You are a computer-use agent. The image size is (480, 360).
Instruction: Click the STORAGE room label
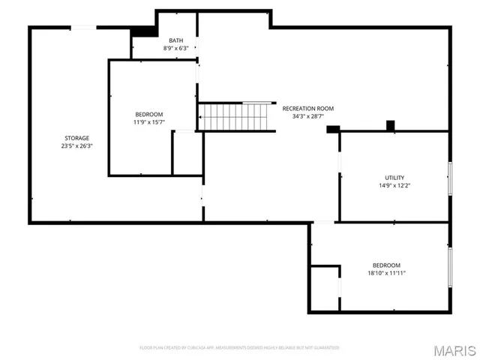pos(76,138)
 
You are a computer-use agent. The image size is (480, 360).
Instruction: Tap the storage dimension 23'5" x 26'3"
pos(76,146)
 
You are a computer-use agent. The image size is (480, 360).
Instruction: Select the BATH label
pos(175,40)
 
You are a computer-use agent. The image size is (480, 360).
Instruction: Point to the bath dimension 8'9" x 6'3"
pos(175,48)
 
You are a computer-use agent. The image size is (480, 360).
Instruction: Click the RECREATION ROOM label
pos(307,108)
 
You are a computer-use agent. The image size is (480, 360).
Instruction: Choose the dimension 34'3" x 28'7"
pos(307,116)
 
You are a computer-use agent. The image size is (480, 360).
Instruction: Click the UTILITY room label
pos(394,178)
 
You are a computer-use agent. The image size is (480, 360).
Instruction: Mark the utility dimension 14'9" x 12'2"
pos(394,185)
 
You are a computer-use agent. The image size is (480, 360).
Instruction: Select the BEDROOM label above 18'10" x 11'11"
pos(386,265)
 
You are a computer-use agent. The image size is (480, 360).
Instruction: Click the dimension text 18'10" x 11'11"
pos(386,273)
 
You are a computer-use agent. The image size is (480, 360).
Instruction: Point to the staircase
pos(233,117)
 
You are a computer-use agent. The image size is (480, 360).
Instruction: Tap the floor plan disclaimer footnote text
pos(240,348)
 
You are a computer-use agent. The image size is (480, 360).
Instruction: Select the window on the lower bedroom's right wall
pos(450,266)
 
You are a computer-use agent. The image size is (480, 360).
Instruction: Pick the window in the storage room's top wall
pos(83,28)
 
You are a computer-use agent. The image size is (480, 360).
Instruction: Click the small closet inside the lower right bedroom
pos(325,288)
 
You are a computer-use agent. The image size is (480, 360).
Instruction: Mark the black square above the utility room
pos(390,125)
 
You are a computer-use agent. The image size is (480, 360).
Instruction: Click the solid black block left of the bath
pos(141,32)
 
